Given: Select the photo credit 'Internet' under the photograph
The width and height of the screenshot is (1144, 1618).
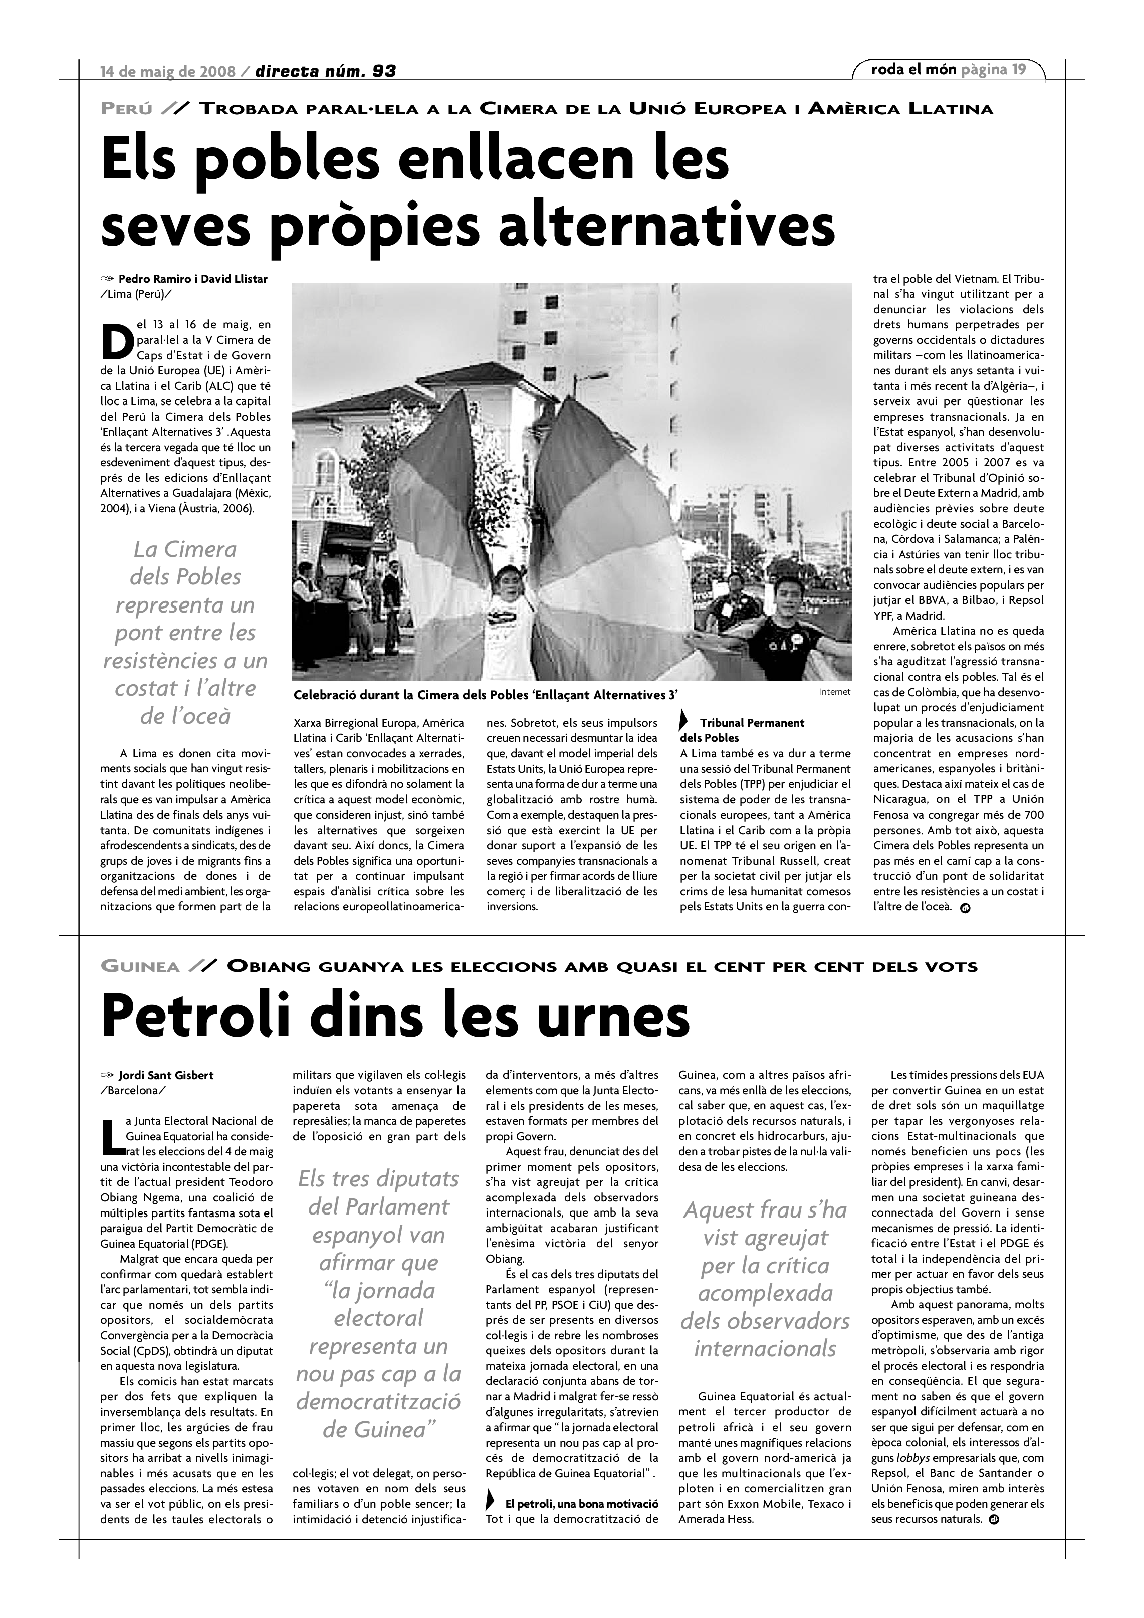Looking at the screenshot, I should pyautogui.click(x=835, y=692).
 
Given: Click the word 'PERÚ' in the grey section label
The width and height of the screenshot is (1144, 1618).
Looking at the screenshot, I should pyautogui.click(x=127, y=109).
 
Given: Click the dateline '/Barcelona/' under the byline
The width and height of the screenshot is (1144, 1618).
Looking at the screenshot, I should pyautogui.click(x=134, y=1090).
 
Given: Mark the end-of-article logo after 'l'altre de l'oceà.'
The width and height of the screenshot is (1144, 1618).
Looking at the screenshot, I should pyautogui.click(x=965, y=908).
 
